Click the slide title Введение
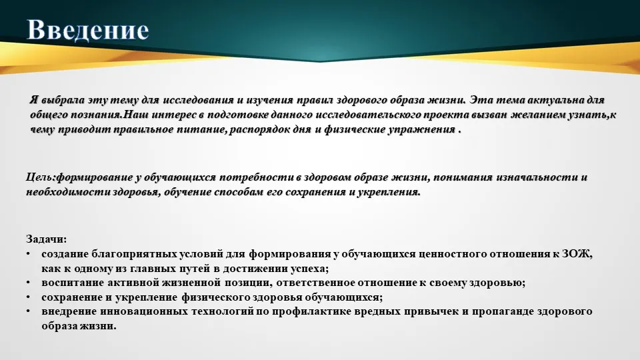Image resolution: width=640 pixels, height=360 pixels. (88, 30)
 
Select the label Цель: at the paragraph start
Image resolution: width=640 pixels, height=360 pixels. (41, 177)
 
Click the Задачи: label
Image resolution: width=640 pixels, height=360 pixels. (46, 239)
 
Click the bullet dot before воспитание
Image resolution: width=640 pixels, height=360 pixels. (28, 283)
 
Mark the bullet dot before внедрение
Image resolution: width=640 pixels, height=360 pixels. (28, 311)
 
